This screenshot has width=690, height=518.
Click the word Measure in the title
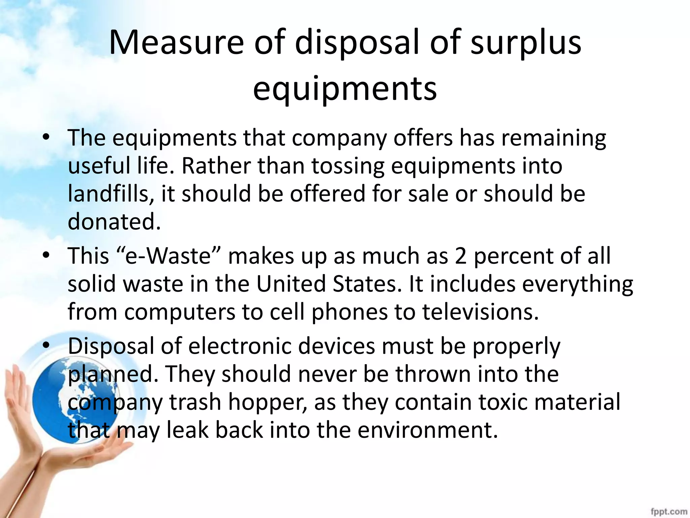(x=176, y=42)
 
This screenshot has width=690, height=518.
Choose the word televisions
(x=480, y=312)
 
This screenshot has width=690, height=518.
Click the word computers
(x=180, y=312)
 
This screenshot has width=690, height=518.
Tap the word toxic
(x=503, y=402)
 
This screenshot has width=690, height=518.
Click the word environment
(x=427, y=430)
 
